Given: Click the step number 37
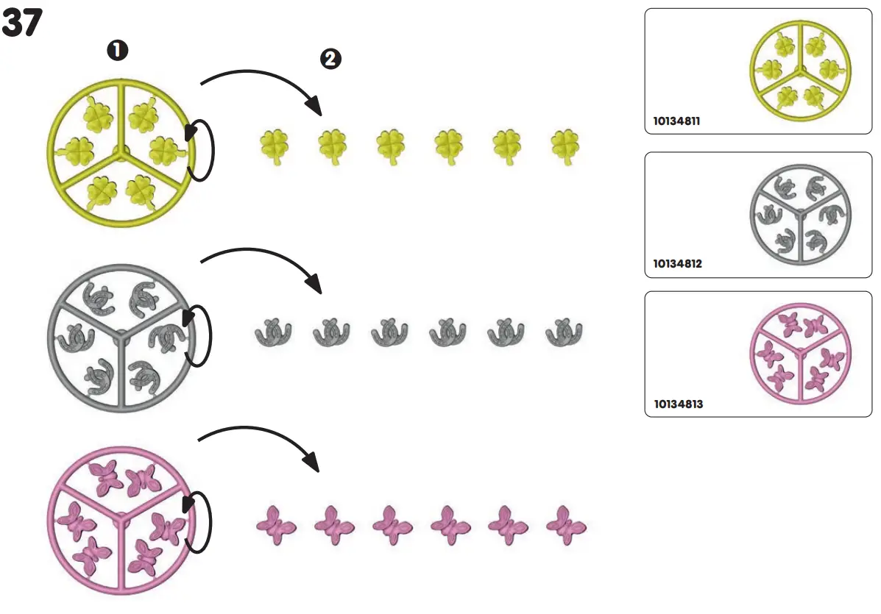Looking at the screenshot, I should (x=23, y=24).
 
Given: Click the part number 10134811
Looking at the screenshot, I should (x=676, y=121).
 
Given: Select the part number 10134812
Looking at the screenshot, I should (x=677, y=263).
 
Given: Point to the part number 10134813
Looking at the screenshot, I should (x=677, y=404).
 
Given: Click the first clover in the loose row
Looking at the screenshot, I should (x=274, y=145).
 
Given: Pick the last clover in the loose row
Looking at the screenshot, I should (x=565, y=146).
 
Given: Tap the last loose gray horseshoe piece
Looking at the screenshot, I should (x=564, y=332).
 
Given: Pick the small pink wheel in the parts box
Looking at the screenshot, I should (x=800, y=355).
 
